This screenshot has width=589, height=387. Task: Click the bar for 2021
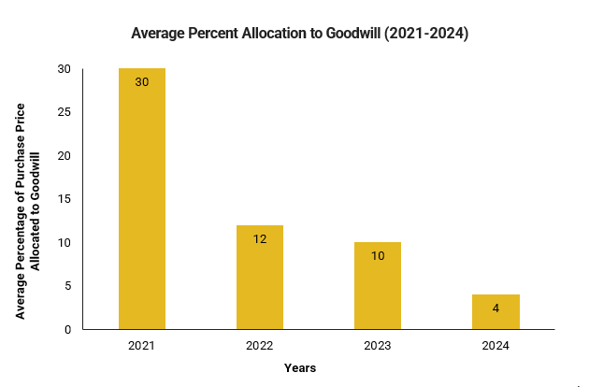click(x=142, y=198)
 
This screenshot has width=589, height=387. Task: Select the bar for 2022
click(x=260, y=277)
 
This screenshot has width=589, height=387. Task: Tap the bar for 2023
click(x=378, y=285)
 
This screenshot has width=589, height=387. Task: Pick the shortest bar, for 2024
click(x=496, y=312)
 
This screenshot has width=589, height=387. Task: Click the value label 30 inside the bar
click(x=142, y=82)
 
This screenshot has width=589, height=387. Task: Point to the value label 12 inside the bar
click(x=260, y=238)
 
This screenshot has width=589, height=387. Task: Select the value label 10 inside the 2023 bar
click(x=378, y=255)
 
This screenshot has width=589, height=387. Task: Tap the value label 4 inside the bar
click(x=496, y=308)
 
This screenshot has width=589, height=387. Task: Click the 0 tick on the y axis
click(x=66, y=330)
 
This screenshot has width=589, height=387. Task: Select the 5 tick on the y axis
click(x=66, y=286)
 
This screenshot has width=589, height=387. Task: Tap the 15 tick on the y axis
click(x=64, y=199)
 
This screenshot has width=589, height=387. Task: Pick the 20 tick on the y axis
click(x=64, y=156)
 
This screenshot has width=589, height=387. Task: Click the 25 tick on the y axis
click(x=64, y=112)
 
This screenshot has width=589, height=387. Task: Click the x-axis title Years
click(x=300, y=368)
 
